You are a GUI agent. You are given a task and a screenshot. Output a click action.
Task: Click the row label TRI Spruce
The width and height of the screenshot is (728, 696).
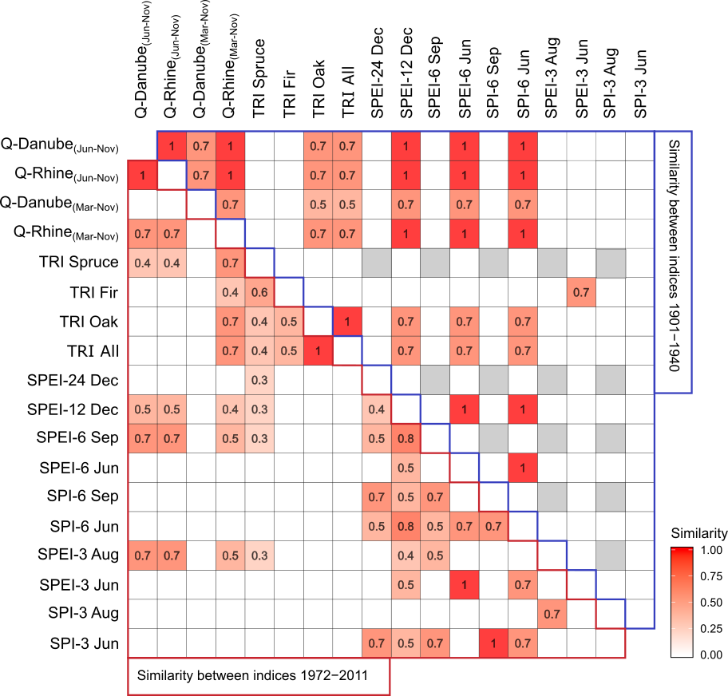point(80,263)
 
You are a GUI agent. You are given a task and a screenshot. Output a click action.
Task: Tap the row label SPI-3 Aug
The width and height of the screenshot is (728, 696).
point(82,614)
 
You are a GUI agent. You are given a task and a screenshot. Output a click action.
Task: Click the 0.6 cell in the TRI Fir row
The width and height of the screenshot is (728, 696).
point(259,292)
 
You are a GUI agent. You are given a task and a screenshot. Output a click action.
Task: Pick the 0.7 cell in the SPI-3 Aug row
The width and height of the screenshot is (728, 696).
point(552,614)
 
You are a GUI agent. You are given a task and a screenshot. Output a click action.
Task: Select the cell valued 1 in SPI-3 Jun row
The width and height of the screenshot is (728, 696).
point(493,643)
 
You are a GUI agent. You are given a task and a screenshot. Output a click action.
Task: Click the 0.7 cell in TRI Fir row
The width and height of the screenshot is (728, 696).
point(580,292)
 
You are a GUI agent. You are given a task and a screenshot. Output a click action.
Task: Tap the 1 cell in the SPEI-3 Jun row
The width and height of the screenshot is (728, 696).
point(464,584)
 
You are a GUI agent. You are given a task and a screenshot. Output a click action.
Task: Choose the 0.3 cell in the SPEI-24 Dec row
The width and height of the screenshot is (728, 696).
point(259,380)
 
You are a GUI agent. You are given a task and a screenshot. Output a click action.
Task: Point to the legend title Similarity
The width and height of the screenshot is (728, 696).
point(698,532)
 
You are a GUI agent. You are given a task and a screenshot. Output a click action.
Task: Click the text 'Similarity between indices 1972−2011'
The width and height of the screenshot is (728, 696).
point(252,675)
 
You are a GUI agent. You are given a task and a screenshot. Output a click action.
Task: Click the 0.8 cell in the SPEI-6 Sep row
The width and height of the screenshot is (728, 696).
point(406,438)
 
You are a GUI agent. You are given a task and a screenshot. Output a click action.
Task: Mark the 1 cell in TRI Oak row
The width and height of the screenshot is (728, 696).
point(347,321)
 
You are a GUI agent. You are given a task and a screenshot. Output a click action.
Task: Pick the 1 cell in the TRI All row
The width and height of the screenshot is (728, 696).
point(318,350)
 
